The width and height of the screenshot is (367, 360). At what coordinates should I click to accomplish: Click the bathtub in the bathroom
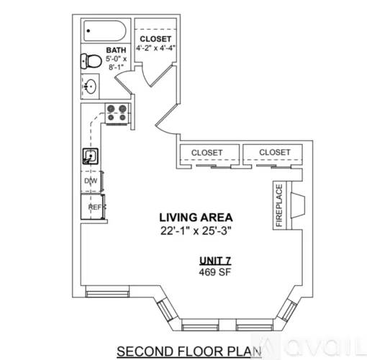104,31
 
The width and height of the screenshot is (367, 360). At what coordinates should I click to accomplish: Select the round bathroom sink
91,86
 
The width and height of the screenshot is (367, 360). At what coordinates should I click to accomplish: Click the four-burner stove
117,112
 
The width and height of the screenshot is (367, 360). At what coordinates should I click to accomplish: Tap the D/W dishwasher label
91,181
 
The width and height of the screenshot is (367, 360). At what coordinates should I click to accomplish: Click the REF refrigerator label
94,207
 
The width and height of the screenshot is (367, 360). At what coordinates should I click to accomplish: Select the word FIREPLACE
279,205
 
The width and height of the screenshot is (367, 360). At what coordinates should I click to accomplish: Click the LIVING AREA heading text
196,217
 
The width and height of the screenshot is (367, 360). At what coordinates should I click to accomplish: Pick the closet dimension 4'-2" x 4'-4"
156,49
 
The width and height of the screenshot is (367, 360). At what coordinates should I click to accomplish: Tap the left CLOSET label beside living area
207,153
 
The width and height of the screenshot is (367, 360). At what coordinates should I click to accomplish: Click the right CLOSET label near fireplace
274,153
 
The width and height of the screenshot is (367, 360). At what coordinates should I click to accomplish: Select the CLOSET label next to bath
155,38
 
